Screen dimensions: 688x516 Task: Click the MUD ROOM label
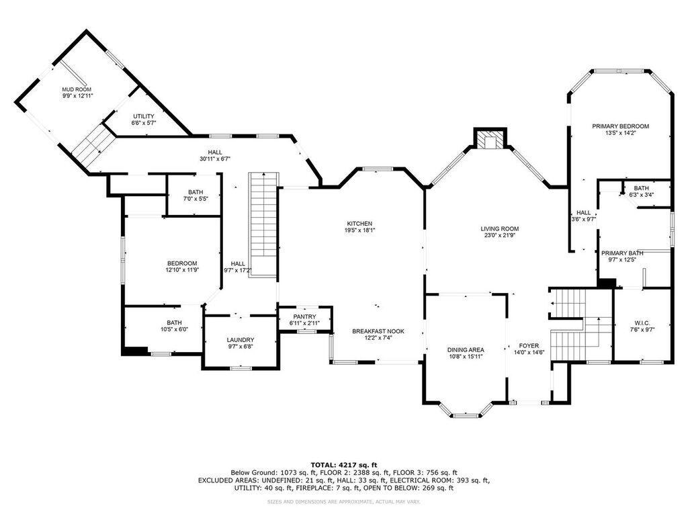click(x=77, y=89)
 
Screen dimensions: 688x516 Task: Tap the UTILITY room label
click(x=144, y=116)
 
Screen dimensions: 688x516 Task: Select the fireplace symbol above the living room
click(x=490, y=140)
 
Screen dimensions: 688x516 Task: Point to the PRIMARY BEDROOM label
click(x=620, y=126)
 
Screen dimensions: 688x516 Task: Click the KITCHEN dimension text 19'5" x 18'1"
click(x=360, y=230)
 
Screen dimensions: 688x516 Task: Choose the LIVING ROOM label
click(x=500, y=228)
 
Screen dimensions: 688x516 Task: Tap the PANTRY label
click(x=304, y=317)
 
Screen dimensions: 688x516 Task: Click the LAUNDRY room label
click(x=241, y=339)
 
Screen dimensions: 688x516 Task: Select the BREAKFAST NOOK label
click(x=378, y=331)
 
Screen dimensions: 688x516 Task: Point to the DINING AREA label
click(x=466, y=349)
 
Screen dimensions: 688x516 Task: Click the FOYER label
click(x=529, y=346)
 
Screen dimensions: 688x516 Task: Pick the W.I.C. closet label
click(x=642, y=323)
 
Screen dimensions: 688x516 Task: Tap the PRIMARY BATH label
click(x=622, y=253)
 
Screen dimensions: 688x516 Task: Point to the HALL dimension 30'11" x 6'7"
click(x=215, y=159)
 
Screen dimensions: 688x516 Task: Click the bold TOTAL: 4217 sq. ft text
click(x=344, y=465)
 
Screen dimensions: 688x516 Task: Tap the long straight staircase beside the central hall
click(x=263, y=224)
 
